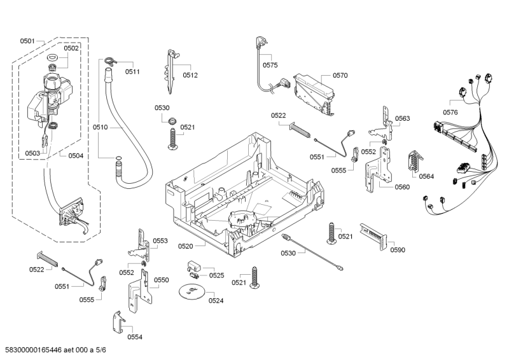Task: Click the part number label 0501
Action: tap(27, 41)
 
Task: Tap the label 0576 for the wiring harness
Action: tap(450, 113)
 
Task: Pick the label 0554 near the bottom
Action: tap(134, 337)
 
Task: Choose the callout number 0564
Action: tap(426, 176)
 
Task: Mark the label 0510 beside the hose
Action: tap(101, 127)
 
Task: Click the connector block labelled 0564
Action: tap(414, 163)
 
